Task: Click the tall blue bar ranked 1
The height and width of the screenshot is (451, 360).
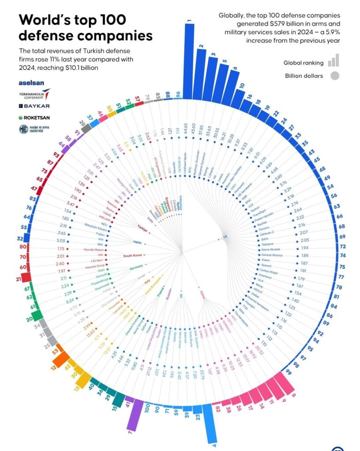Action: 189,62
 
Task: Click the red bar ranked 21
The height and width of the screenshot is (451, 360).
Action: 26,277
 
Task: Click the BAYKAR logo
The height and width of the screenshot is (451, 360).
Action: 34,106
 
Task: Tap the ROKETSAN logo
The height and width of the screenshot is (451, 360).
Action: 34,118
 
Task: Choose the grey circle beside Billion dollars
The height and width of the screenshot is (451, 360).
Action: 335,76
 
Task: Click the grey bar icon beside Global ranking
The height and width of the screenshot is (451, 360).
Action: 334,61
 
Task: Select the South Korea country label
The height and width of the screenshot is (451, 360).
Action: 134,255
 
